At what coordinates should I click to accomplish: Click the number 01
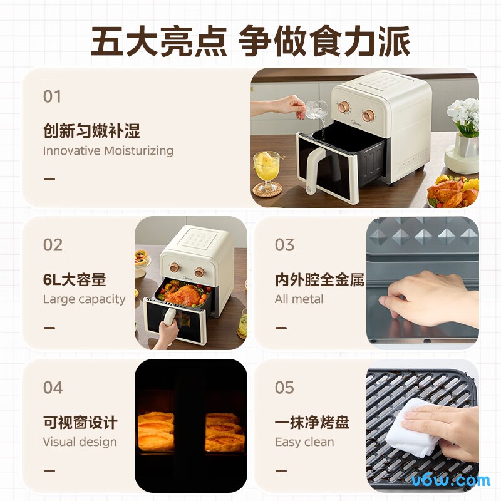(52, 96)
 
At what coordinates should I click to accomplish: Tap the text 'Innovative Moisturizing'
(108, 150)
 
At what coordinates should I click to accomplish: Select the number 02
(53, 245)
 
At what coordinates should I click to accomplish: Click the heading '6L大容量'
(75, 279)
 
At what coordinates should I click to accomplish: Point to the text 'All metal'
(299, 299)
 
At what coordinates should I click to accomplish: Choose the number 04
(53, 388)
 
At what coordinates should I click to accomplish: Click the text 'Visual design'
(80, 442)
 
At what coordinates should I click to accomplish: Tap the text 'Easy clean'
(304, 442)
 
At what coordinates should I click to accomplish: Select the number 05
(284, 388)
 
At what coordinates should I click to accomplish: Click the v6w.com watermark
(450, 480)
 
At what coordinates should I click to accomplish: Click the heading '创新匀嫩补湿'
(91, 131)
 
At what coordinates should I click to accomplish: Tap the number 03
(284, 245)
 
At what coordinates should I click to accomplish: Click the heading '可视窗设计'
(80, 422)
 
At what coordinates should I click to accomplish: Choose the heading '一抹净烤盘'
(312, 422)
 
